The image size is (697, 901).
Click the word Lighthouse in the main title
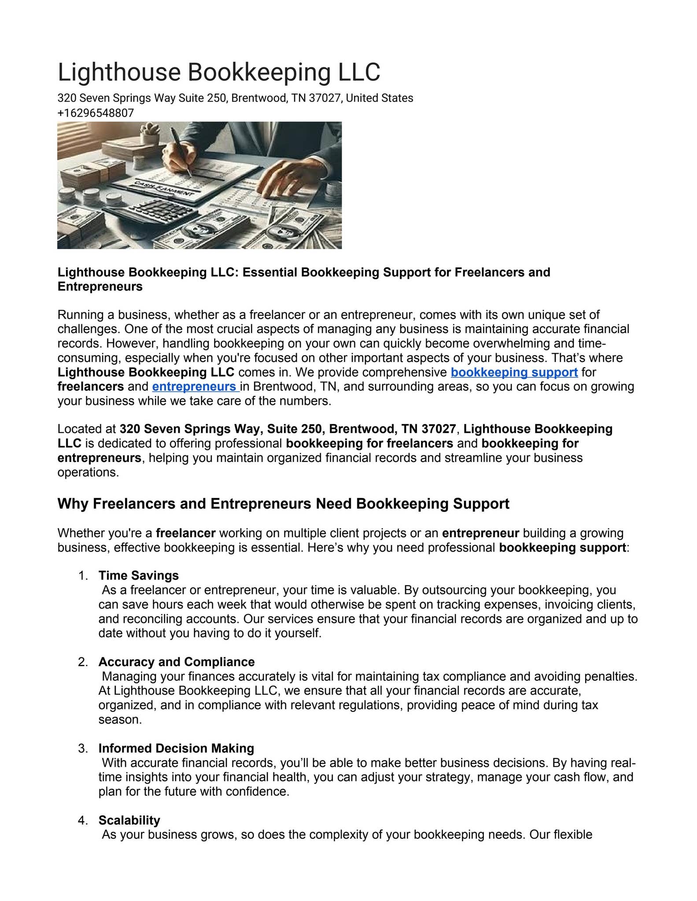coord(119,73)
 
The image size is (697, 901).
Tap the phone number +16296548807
coord(96,113)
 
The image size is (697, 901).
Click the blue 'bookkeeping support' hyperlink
coord(514,372)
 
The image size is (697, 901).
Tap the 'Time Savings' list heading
coord(138,575)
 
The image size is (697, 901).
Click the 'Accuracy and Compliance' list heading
coord(176,662)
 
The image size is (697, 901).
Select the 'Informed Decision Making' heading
coord(176,748)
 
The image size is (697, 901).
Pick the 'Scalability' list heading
coord(129,820)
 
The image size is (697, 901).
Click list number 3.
coord(82,748)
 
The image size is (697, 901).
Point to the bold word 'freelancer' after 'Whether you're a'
coord(185,533)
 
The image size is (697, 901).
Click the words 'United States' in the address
coord(379,98)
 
